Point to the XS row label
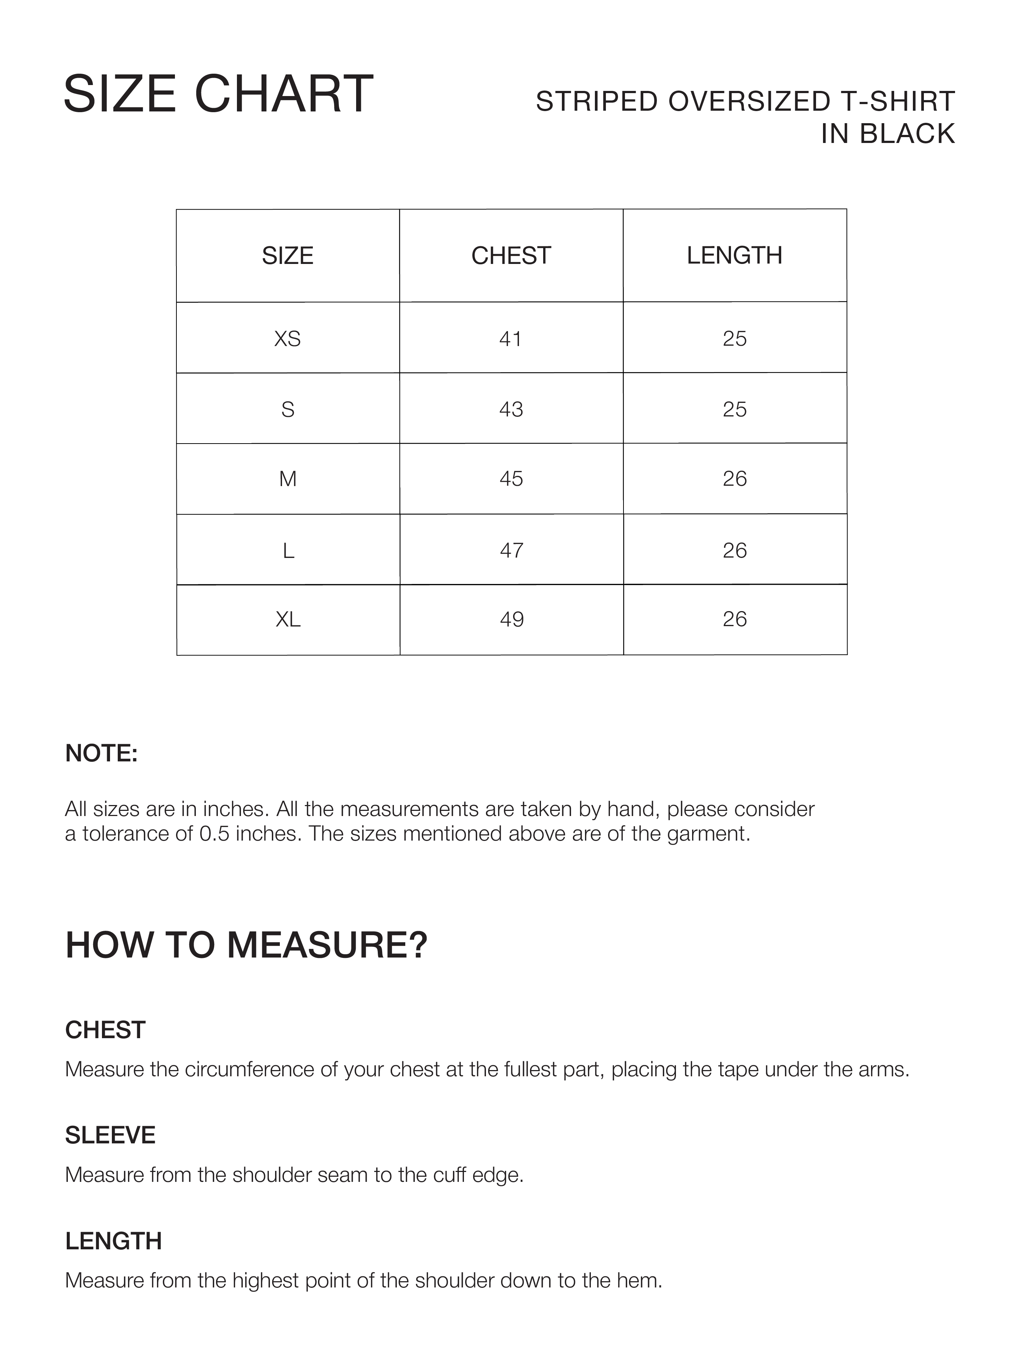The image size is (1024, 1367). tap(288, 339)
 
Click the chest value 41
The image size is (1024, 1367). tap(511, 339)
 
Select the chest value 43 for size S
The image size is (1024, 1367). tap(511, 409)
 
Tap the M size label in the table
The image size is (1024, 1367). tap(288, 479)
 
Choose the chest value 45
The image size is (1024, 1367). tap(511, 479)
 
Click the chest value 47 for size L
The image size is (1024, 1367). tap(511, 550)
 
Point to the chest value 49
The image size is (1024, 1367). tap(511, 619)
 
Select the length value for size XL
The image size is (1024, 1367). tap(735, 619)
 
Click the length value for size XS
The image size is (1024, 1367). tap(735, 339)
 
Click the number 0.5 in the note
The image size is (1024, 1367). tap(214, 834)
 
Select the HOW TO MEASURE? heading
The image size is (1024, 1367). tap(246, 945)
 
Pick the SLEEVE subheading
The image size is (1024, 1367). tap(110, 1135)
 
